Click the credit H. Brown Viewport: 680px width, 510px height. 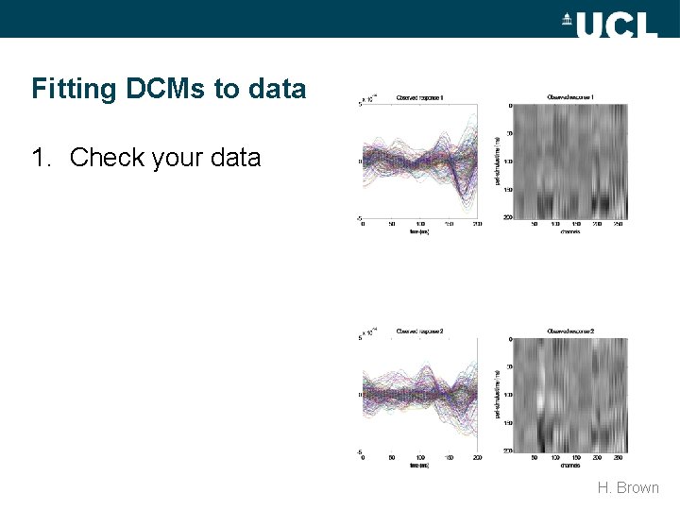tap(628, 488)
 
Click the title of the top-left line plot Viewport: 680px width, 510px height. tap(419, 97)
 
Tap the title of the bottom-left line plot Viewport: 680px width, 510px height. tap(419, 331)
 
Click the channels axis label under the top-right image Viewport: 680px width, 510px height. tap(569, 231)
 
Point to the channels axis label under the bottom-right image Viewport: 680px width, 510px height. tap(569, 466)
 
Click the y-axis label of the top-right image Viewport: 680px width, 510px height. tap(497, 161)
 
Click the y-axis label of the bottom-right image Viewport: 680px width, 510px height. tap(497, 395)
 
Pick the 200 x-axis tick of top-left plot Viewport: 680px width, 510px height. tap(477, 225)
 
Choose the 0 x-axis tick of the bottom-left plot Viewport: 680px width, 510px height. tap(364, 459)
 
